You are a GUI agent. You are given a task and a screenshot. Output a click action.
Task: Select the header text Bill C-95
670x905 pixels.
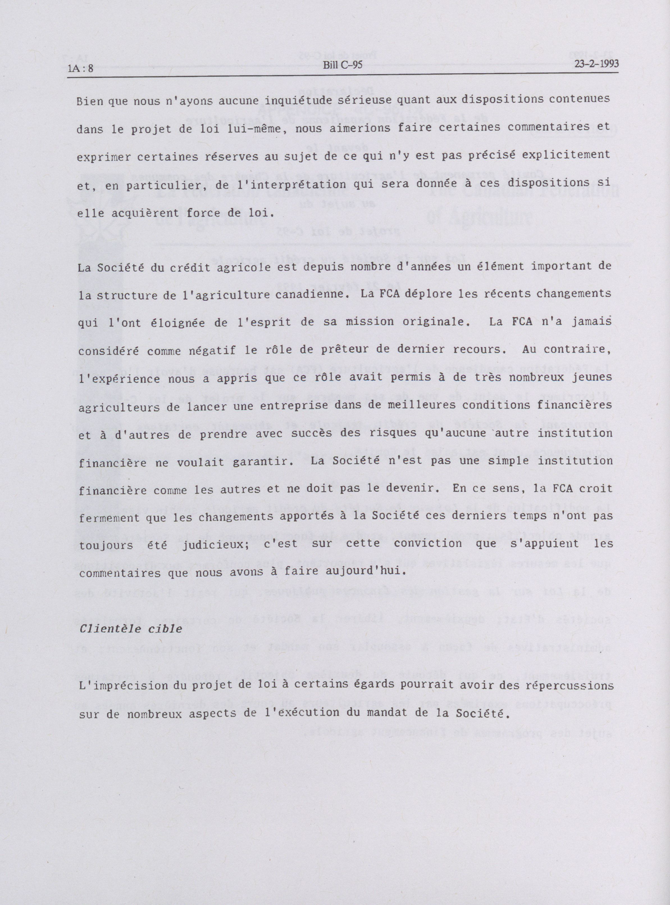pyautogui.click(x=342, y=65)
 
